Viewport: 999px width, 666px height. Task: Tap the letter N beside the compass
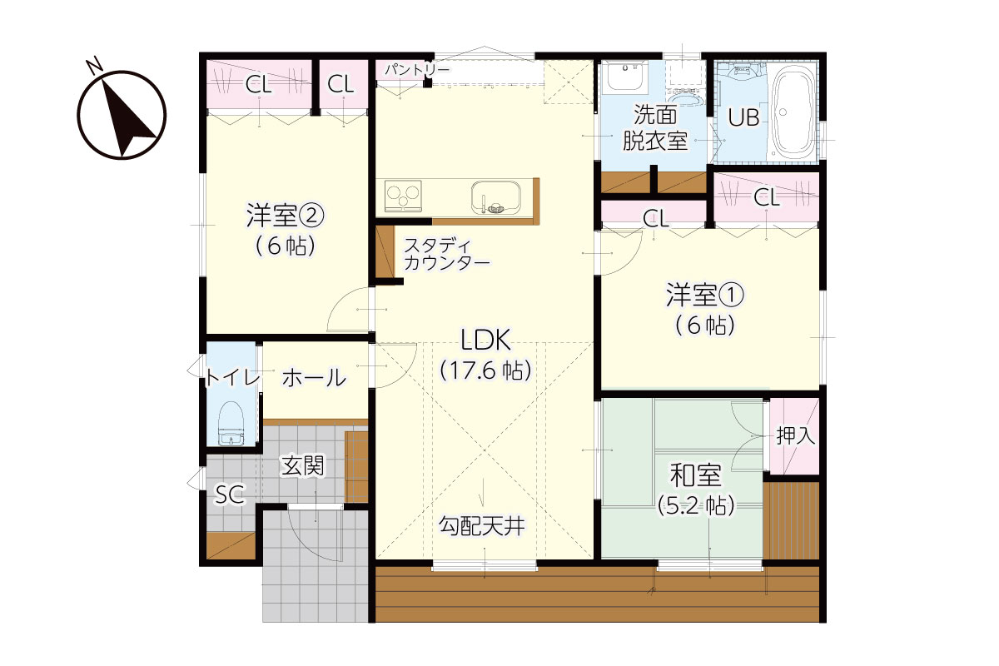94,65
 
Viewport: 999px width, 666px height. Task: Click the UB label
744,117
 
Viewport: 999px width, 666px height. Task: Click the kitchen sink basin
496,197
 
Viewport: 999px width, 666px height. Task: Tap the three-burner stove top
403,196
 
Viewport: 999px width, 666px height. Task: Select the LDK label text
485,340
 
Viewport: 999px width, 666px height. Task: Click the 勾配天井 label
482,525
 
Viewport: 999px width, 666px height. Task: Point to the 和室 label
695,475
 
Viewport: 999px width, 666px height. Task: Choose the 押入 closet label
796,435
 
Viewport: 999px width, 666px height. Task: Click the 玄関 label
302,466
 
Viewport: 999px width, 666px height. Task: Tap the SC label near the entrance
230,495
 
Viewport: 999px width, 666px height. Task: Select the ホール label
315,378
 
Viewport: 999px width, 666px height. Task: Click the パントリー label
417,70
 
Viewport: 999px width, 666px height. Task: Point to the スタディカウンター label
446,254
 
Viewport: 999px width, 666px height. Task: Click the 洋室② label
286,216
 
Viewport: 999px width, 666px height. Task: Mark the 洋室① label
704,296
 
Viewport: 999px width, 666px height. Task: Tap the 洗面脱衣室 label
655,128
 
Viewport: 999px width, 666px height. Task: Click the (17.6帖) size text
485,370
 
